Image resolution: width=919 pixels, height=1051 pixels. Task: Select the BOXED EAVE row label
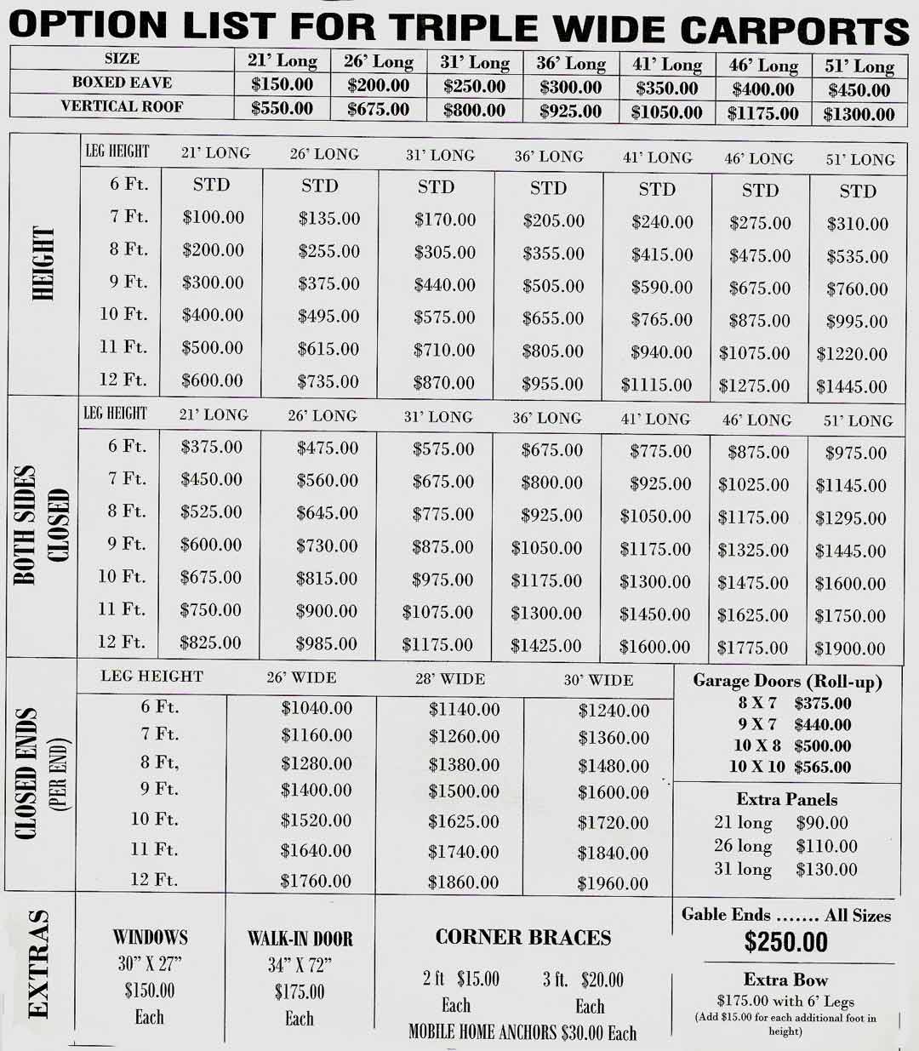click(122, 83)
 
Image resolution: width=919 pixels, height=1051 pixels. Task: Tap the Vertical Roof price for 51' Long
click(859, 114)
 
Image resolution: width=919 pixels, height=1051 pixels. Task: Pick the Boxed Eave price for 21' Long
click(283, 84)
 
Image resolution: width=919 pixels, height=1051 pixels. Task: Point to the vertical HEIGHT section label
click(42, 263)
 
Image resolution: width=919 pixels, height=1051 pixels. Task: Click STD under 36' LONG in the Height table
click(548, 187)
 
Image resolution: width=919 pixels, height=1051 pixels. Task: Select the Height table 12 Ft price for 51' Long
click(852, 386)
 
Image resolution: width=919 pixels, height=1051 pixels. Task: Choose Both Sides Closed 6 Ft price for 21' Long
click(211, 447)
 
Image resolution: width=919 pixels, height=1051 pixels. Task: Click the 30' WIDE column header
click(598, 680)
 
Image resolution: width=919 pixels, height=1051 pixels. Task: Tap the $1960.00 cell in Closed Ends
click(613, 883)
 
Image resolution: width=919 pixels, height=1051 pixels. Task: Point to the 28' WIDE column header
click(450, 679)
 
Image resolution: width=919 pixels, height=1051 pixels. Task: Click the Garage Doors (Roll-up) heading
click(787, 681)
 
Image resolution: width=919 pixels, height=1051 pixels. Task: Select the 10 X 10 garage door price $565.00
click(822, 767)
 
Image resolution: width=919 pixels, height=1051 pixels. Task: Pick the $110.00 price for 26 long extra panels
click(826, 846)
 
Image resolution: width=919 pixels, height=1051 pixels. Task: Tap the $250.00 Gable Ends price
click(785, 942)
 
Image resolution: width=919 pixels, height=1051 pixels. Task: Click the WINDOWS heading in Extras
click(150, 938)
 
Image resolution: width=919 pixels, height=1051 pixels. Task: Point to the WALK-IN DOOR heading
click(300, 939)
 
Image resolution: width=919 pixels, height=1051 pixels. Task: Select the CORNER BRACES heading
click(523, 938)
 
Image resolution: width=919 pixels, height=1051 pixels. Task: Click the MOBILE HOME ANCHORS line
click(522, 1032)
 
